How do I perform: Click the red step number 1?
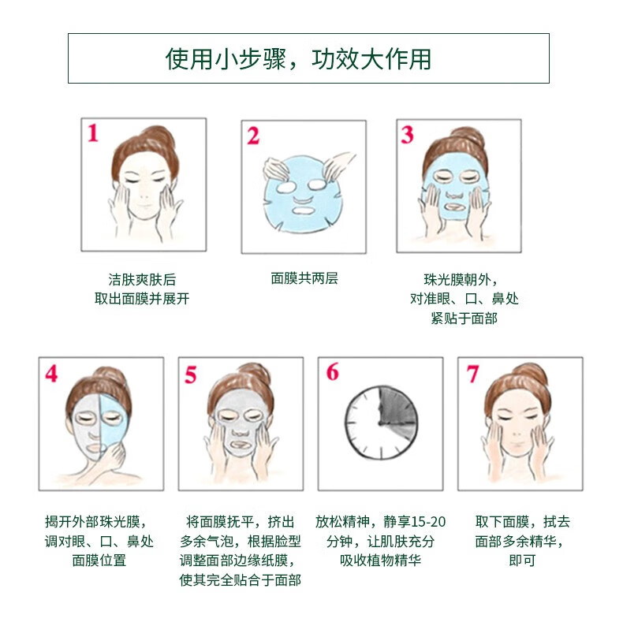[x=92, y=133]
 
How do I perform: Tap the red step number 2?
[x=253, y=136]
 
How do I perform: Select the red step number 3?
[x=408, y=135]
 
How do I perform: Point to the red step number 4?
[x=51, y=374]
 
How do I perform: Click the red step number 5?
[x=191, y=374]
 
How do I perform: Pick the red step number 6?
[x=332, y=371]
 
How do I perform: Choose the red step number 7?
[x=472, y=374]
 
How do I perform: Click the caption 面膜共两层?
[x=304, y=278]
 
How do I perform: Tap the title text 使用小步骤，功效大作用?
[x=298, y=59]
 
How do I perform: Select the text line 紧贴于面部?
[x=464, y=319]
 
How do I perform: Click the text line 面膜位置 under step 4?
[x=99, y=561]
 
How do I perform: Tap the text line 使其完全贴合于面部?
[x=240, y=579]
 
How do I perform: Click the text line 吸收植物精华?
[x=380, y=561]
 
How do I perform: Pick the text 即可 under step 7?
[x=522, y=561]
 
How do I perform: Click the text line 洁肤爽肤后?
[x=142, y=279]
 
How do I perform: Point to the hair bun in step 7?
[x=532, y=374]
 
